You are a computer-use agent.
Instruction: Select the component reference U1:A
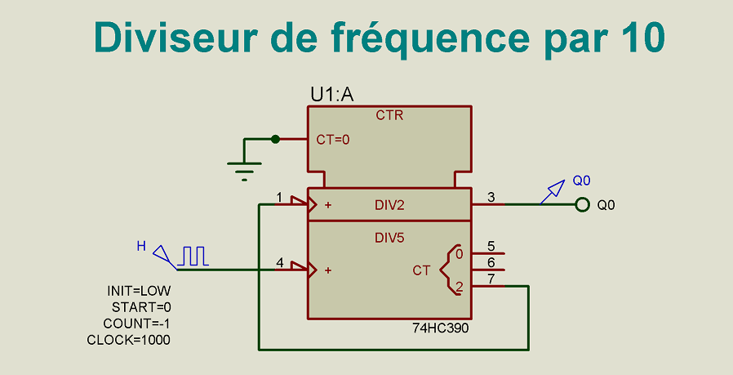332,95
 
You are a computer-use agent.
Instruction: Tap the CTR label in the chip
389,116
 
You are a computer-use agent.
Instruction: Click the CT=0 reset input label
333,140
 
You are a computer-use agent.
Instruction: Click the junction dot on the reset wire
276,139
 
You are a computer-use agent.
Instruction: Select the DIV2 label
389,205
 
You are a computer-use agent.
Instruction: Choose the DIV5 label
389,238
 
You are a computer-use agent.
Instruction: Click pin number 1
279,197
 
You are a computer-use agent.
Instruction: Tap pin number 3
491,197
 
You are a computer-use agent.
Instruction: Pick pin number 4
280,263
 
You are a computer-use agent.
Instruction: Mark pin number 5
491,246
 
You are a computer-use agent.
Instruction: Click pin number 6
491,262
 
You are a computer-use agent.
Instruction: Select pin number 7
491,279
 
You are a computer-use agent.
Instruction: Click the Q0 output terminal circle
582,204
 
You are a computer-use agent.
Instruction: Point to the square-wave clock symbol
195,256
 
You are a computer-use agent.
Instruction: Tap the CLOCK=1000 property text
129,340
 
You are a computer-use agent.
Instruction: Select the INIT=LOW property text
139,291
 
